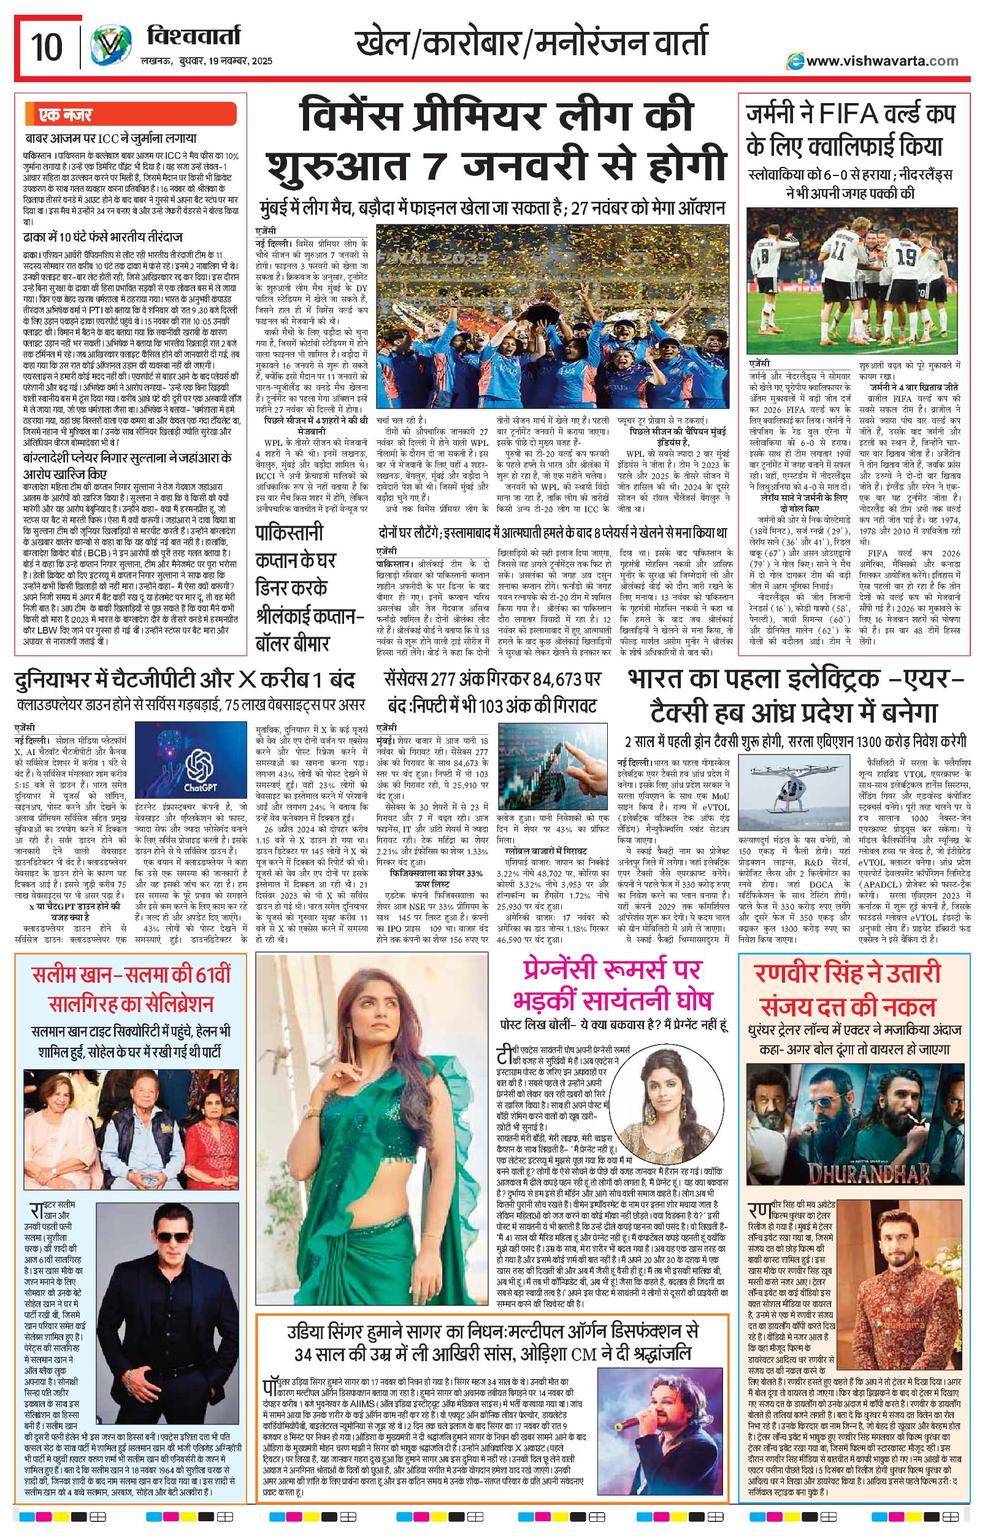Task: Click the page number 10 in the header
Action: [x=47, y=46]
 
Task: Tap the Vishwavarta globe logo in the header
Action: [x=110, y=46]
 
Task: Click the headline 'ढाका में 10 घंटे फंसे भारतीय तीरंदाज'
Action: [x=103, y=237]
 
